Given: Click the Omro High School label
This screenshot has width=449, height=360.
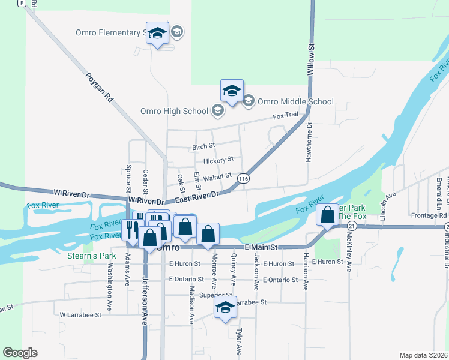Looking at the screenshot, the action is (x=174, y=111).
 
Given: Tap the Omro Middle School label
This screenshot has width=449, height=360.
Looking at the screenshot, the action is (x=295, y=101).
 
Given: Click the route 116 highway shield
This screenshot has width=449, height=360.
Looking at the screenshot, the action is (x=243, y=179).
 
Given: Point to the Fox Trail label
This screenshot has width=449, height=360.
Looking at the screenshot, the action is (x=286, y=116).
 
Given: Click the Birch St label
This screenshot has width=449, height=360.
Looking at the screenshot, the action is (x=203, y=146).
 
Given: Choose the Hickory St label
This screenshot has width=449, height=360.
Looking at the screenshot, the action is (x=218, y=160).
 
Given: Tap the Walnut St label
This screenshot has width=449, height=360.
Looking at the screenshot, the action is (x=217, y=176).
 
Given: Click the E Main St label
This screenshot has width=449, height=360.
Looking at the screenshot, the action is (x=261, y=247).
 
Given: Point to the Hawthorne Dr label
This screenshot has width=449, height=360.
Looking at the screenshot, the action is (x=310, y=139).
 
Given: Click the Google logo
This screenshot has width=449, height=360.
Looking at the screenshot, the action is (x=20, y=353).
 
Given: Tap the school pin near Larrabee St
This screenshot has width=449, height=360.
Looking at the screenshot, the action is (x=225, y=308).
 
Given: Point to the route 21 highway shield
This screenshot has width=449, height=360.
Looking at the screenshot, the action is (x=352, y=226).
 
